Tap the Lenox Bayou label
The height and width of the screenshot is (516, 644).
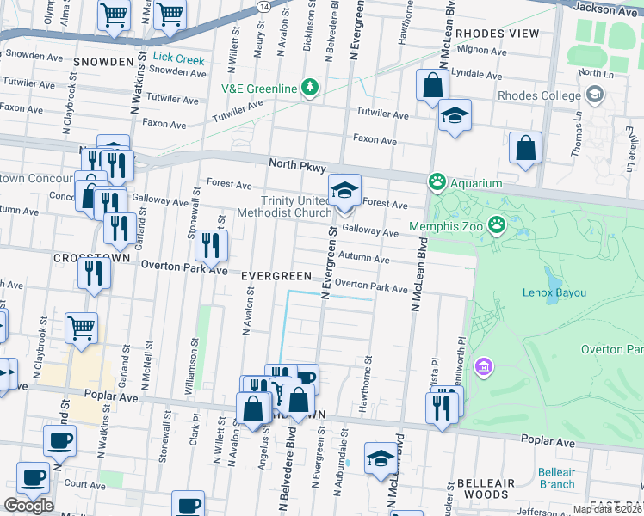click(x=554, y=292)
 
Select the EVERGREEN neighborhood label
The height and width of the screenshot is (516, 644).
click(x=276, y=276)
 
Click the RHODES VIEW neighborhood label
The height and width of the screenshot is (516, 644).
click(x=498, y=34)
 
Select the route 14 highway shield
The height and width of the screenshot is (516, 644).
click(x=262, y=6)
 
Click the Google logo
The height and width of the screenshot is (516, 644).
click(x=28, y=506)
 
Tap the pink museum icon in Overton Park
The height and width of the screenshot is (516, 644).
click(x=485, y=367)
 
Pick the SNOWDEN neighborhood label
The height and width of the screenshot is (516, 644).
click(x=103, y=62)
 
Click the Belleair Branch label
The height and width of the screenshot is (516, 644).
click(x=556, y=478)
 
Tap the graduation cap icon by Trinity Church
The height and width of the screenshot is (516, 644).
click(x=344, y=190)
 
